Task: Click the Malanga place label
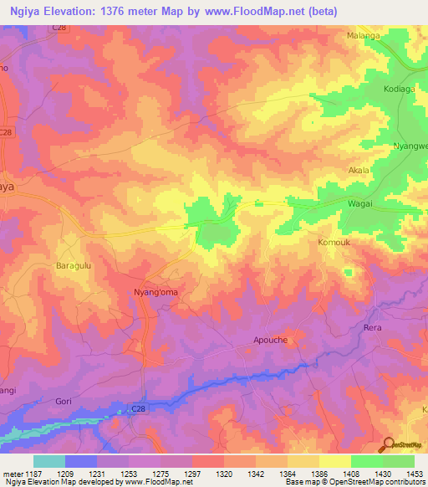[x=363, y=36]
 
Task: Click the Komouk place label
[x=335, y=243]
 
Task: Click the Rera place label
[x=372, y=327]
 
